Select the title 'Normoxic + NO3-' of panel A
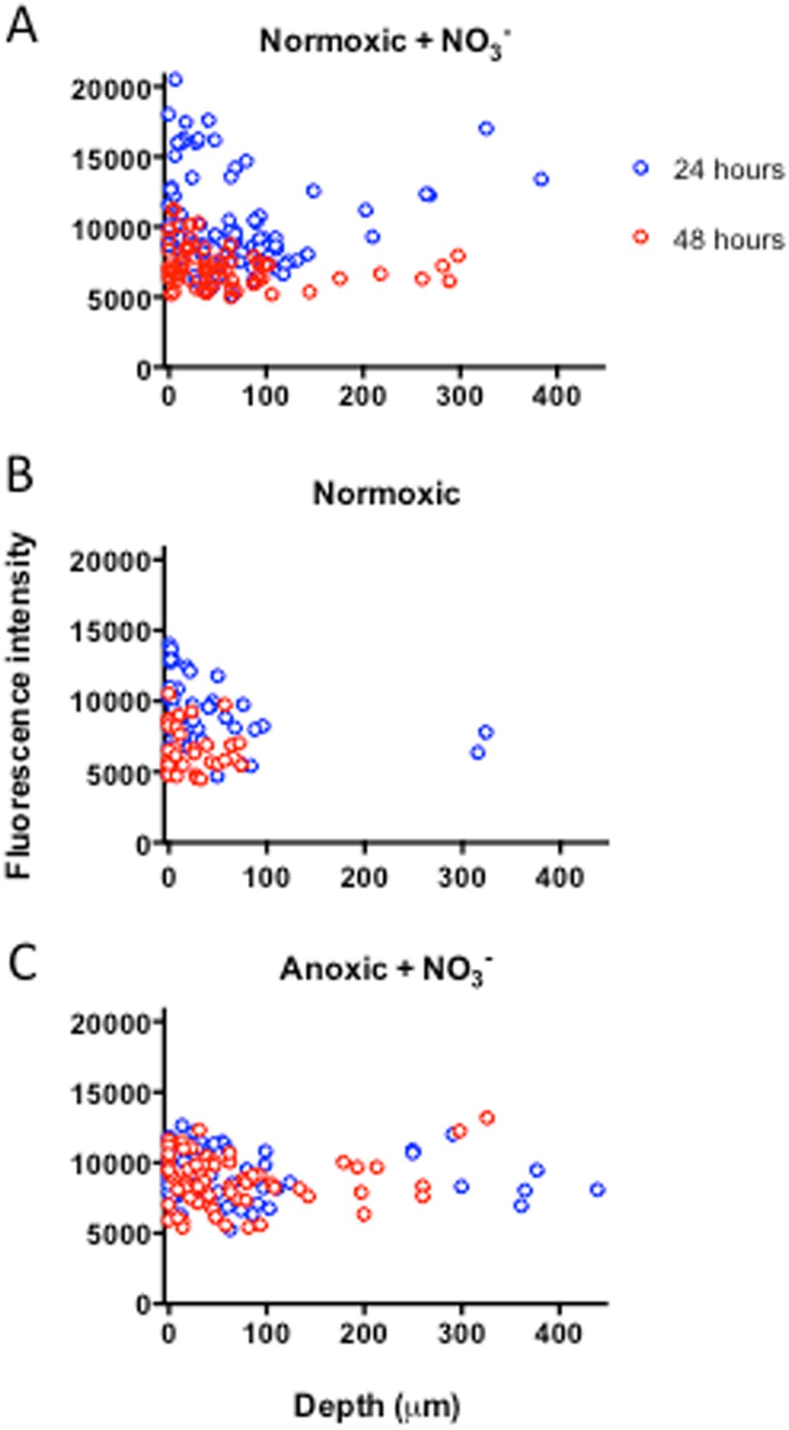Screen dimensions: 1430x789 pos(385,41)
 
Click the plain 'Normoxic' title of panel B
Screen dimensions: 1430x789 pos(386,494)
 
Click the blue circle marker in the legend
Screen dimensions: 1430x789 pos(640,168)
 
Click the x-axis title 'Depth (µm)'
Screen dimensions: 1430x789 pos(377,1406)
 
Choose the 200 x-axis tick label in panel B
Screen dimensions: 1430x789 pos(364,877)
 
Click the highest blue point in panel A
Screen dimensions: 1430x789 pos(175,79)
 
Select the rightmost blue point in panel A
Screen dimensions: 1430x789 pos(541,179)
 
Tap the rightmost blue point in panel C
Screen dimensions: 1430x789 pos(597,1189)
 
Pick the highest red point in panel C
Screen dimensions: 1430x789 pos(488,1118)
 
